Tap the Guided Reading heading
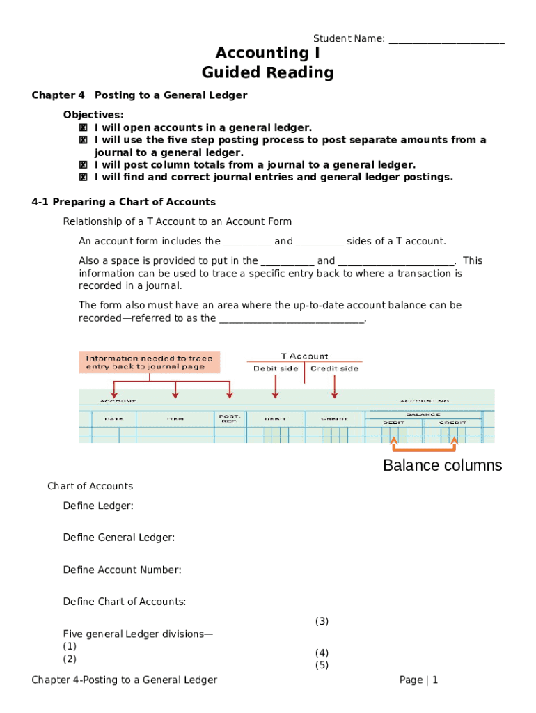tap(267, 72)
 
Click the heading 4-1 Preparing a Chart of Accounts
tap(124, 202)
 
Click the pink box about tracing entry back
tap(150, 362)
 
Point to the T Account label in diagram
tap(304, 356)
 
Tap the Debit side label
tap(276, 368)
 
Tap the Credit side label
tap(335, 368)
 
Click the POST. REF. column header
tap(230, 418)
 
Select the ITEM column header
tap(175, 418)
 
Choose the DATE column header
tap(114, 418)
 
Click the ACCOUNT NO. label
tap(425, 401)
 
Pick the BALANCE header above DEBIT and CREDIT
tap(423, 414)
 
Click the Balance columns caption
tap(442, 465)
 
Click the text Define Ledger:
tap(98, 506)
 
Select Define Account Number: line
tap(122, 570)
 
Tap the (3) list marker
tap(322, 621)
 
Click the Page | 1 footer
tap(418, 680)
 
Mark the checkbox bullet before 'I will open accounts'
tap(83, 127)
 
